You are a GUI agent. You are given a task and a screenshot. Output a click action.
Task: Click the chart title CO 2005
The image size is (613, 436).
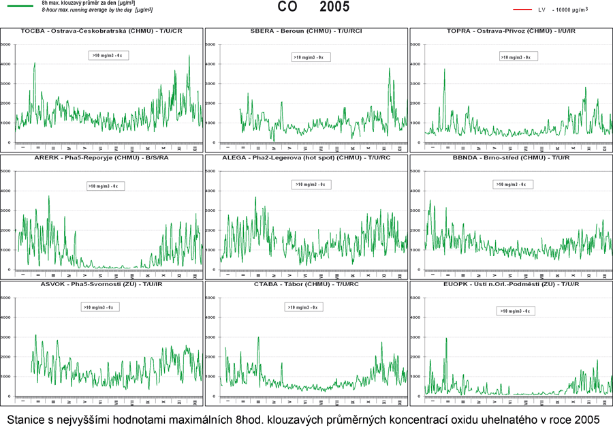pos(313,7)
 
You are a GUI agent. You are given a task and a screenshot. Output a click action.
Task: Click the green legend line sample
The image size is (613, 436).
pos(19,5)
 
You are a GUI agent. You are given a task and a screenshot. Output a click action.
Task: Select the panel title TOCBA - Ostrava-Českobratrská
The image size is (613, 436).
pos(101,31)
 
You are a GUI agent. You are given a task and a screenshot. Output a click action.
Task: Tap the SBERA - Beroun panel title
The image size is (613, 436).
pos(306,31)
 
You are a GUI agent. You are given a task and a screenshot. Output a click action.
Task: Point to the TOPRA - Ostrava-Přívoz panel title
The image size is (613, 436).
pos(510,31)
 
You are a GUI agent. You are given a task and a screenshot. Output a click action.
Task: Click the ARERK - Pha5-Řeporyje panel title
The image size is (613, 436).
pos(101,157)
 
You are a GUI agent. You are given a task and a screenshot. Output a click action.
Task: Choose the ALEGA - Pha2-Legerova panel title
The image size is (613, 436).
pos(306,157)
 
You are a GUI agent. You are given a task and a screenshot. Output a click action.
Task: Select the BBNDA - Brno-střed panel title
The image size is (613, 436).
pos(510,157)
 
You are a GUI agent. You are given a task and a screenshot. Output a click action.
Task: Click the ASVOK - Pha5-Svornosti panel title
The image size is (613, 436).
pos(101,283)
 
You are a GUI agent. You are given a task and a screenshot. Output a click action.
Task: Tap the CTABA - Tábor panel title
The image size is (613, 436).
pos(306,283)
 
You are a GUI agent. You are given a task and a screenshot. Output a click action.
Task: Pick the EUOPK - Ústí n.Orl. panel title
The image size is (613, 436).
pos(510,283)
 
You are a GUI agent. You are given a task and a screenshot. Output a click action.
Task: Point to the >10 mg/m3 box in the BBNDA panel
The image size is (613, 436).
pos(513,185)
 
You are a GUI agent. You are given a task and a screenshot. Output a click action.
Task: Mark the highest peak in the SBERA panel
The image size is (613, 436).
pos(390,68)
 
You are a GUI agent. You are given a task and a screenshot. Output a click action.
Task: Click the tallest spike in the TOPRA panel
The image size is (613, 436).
pos(445,69)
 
